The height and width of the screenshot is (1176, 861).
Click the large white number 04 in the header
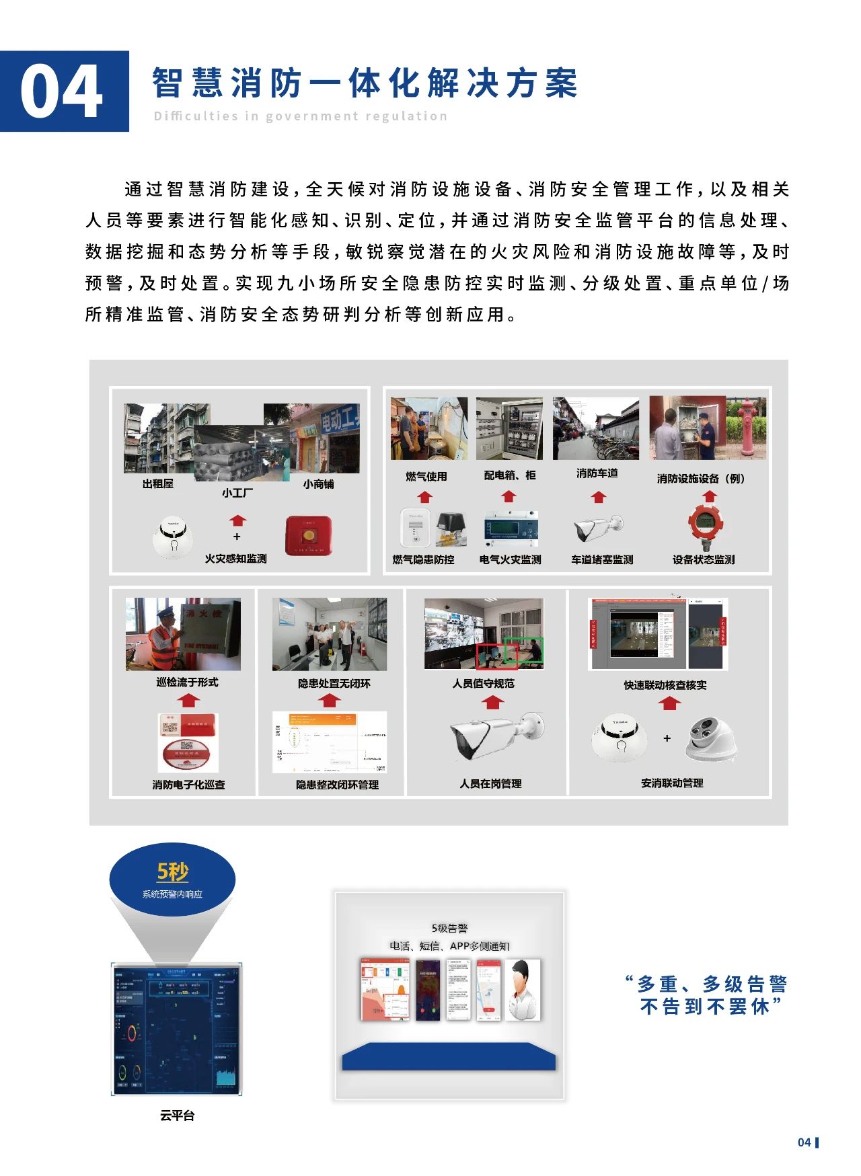pyautogui.click(x=62, y=93)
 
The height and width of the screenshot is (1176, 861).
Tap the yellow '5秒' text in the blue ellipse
pyautogui.click(x=172, y=871)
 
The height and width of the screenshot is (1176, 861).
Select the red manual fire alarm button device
pyautogui.click(x=309, y=535)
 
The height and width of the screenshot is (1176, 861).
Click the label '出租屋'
pyautogui.click(x=158, y=483)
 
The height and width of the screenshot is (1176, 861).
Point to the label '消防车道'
pyautogui.click(x=597, y=473)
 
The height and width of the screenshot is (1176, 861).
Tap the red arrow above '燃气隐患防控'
pyautogui.click(x=424, y=497)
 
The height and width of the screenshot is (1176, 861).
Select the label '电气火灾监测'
pyautogui.click(x=510, y=559)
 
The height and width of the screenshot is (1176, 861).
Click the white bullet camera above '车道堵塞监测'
pyautogui.click(x=598, y=528)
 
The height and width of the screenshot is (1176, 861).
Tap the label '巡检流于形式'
pyautogui.click(x=187, y=682)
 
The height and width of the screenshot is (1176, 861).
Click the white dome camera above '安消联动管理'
pyautogui.click(x=710, y=740)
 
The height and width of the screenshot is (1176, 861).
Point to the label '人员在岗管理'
pyautogui.click(x=490, y=783)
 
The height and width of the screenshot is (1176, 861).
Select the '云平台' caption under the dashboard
pyautogui.click(x=177, y=1115)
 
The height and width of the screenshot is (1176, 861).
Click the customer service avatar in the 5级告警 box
pyautogui.click(x=523, y=990)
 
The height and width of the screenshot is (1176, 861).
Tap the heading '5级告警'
pyautogui.click(x=449, y=928)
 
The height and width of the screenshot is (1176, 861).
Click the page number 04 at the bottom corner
pyautogui.click(x=804, y=1142)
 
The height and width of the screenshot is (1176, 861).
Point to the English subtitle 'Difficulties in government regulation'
pyautogui.click(x=300, y=116)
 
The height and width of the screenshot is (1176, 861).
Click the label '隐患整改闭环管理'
pyautogui.click(x=337, y=785)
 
